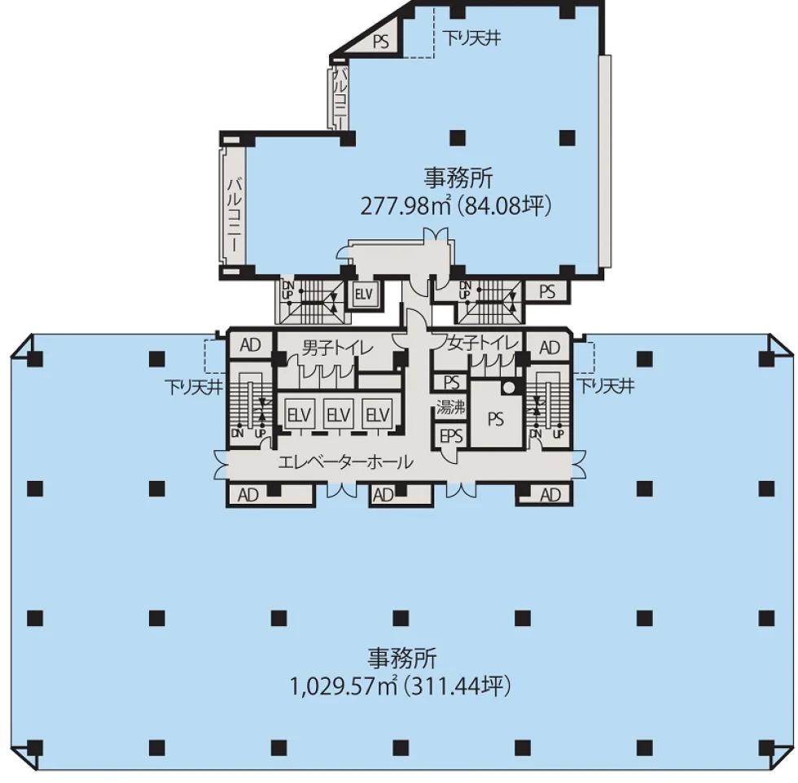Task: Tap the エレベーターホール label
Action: pyautogui.click(x=345, y=462)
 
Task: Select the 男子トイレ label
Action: pyautogui.click(x=337, y=348)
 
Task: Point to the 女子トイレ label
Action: pyautogui.click(x=482, y=343)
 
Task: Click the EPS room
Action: pyautogui.click(x=451, y=435)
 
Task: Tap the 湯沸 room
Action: pyautogui.click(x=451, y=407)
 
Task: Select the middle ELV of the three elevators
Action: pyautogui.click(x=339, y=414)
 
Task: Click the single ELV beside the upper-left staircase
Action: pyautogui.click(x=363, y=294)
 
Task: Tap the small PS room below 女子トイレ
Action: pyautogui.click(x=451, y=382)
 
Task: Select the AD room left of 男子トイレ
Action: pyautogui.click(x=251, y=344)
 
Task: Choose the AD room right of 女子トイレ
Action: pyautogui.click(x=549, y=348)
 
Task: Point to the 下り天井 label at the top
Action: pyautogui.click(x=472, y=38)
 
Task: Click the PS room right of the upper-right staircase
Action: pyautogui.click(x=547, y=291)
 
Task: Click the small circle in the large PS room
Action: pyautogui.click(x=508, y=388)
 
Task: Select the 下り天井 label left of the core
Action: pyautogui.click(x=194, y=387)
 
